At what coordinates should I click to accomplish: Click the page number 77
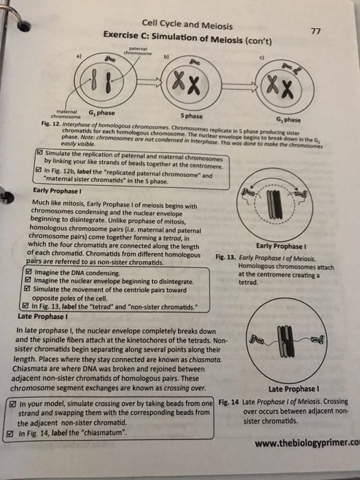click(x=315, y=31)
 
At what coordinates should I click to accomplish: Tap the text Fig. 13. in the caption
click(x=227, y=258)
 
